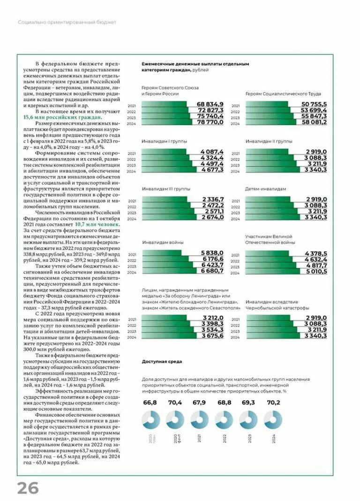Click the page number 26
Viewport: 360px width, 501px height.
click(x=28, y=488)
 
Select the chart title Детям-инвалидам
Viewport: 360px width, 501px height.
click(x=266, y=189)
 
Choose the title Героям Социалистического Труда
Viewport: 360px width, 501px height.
click(x=280, y=93)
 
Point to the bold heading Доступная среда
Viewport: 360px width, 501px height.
click(x=162, y=362)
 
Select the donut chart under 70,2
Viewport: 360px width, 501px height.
click(x=273, y=419)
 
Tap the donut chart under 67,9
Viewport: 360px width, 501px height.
click(x=200, y=419)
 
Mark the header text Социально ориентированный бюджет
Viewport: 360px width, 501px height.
click(x=67, y=22)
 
